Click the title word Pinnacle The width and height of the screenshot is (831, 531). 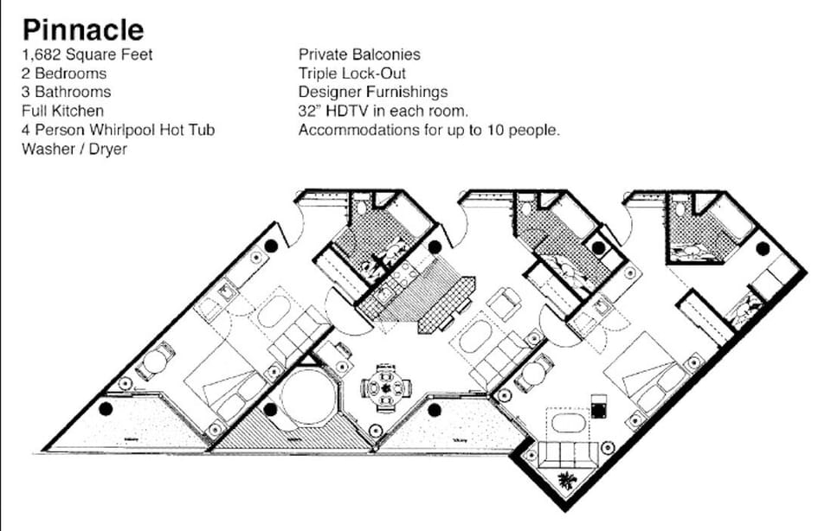83,29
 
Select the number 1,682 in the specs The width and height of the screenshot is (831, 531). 42,54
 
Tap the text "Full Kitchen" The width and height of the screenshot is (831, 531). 63,111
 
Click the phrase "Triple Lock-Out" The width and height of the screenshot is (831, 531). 352,74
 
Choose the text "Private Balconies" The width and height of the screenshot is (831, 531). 359,54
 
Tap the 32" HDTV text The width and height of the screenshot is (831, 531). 337,112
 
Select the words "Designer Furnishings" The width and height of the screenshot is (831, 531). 373,93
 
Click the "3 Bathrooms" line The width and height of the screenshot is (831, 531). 67,93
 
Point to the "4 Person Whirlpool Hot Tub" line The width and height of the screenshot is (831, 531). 118,130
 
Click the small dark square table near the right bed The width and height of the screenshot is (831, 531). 597,403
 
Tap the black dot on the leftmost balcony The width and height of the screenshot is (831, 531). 106,408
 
